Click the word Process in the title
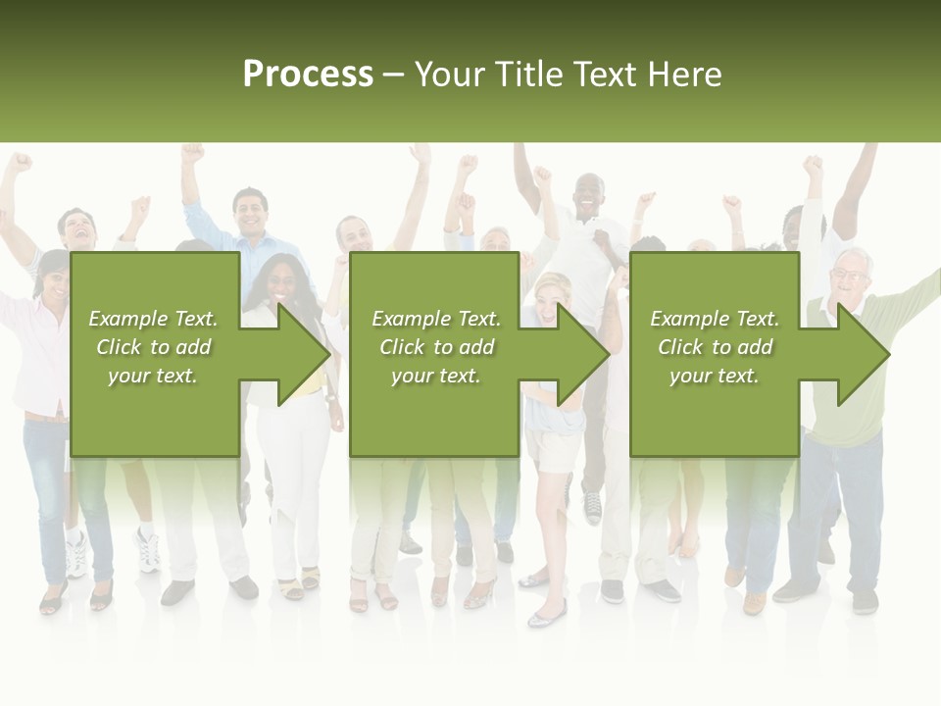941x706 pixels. point(308,75)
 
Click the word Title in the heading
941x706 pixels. point(527,75)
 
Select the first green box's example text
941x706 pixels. point(153,346)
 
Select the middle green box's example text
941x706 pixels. point(435,346)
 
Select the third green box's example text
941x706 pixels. point(714,346)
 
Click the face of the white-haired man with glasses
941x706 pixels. point(849,276)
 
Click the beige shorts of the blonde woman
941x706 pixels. point(552,449)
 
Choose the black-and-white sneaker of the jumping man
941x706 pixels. point(592,506)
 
